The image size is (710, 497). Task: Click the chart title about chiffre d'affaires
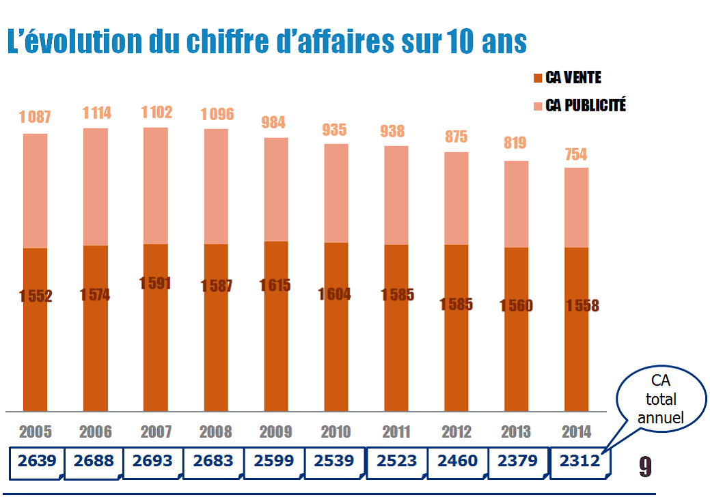[267, 42]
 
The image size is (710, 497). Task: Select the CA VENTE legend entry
[573, 78]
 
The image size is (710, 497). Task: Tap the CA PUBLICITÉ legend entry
[585, 106]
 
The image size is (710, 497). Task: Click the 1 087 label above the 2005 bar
[35, 117]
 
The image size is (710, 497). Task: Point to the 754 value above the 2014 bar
[575, 154]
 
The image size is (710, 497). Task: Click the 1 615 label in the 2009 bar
[275, 286]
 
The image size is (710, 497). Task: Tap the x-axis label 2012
[456, 431]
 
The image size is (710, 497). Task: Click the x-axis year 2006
[95, 431]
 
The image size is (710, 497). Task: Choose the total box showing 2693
[153, 461]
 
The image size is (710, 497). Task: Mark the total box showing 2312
[579, 461]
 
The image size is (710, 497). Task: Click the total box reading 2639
[37, 461]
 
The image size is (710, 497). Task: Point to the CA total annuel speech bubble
[659, 399]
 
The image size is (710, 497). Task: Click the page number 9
[645, 466]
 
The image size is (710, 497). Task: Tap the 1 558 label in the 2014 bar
[582, 306]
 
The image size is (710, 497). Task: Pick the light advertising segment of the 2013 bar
[516, 203]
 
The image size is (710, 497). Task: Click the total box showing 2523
[396, 461]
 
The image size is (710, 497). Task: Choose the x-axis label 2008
[215, 431]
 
